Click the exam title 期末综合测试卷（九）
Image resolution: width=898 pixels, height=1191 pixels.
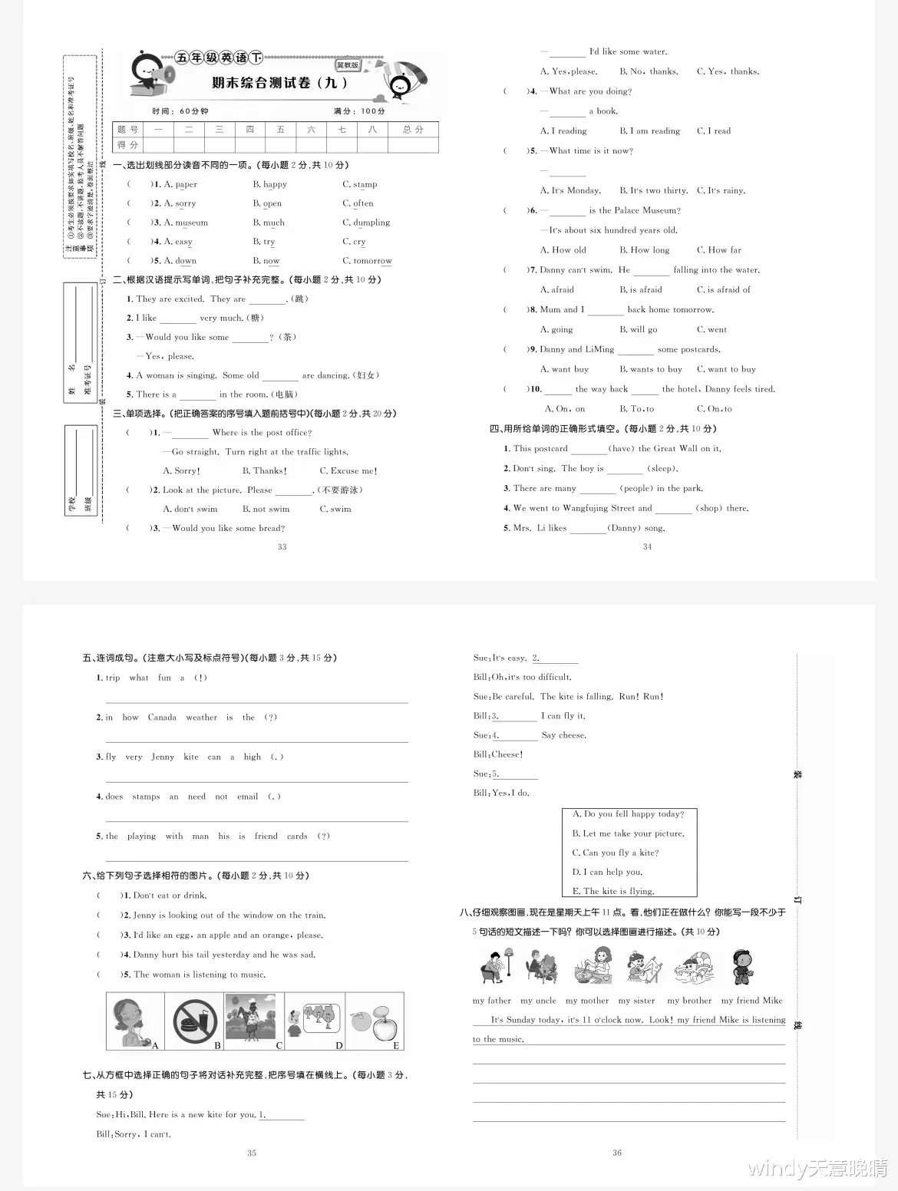click(x=280, y=83)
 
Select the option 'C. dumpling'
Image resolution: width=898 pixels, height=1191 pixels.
click(x=366, y=223)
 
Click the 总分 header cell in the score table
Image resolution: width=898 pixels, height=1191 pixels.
click(x=413, y=130)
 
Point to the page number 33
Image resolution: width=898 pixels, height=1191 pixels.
click(x=282, y=547)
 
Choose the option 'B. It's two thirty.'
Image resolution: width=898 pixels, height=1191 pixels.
click(x=653, y=190)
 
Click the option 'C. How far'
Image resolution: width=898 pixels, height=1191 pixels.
click(x=718, y=250)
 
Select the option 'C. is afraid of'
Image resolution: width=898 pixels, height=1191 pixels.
click(x=723, y=290)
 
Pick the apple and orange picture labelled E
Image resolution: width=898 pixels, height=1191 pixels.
click(x=374, y=1021)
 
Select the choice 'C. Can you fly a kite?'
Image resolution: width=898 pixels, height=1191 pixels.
click(x=615, y=853)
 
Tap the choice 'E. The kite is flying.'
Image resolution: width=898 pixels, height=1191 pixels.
click(x=613, y=891)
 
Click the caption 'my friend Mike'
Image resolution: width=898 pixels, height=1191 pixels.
click(x=751, y=1001)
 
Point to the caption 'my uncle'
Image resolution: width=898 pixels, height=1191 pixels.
click(x=538, y=1001)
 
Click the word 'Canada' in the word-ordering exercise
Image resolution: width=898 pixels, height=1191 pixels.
click(x=162, y=718)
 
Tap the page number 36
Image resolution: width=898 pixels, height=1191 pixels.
click(x=616, y=1153)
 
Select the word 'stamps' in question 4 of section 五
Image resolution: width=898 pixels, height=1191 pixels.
click(x=146, y=797)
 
